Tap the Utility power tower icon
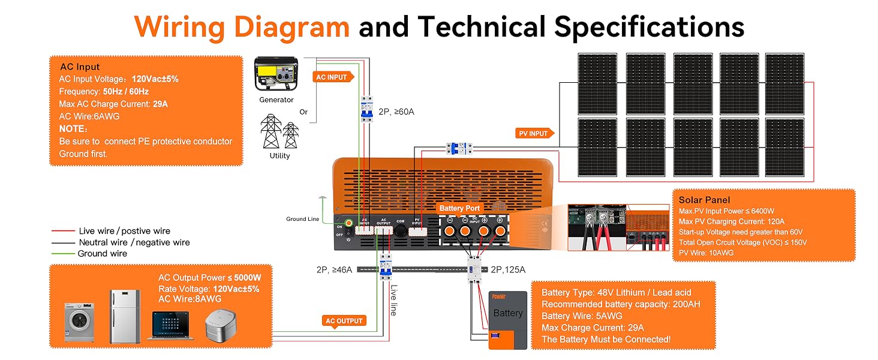pyautogui.click(x=279, y=132)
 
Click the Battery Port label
pyautogui.click(x=459, y=208)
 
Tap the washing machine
pyautogui.click(x=79, y=322)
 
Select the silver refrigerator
pyautogui.click(x=125, y=316)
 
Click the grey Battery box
pyautogui.click(x=507, y=320)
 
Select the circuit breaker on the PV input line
pyautogui.click(x=460, y=148)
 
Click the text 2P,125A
pyautogui.click(x=507, y=270)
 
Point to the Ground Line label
pyautogui.click(x=302, y=219)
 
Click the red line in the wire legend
pyautogui.click(x=63, y=231)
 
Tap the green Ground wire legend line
pyautogui.click(x=63, y=254)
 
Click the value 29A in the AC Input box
pyautogui.click(x=160, y=104)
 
